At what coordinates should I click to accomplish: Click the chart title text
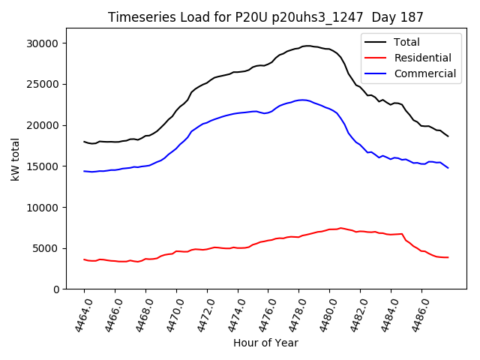265,17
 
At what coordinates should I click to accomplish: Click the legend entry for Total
407,42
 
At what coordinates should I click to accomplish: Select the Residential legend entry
424,58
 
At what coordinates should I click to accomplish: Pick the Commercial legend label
424,73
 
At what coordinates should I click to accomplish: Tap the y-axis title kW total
15,159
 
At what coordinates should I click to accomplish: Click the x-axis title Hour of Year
265,343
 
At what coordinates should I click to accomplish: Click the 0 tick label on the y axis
56,289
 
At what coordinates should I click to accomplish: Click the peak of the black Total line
307,46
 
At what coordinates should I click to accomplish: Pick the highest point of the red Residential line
340,228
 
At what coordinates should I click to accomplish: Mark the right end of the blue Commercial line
448,168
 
